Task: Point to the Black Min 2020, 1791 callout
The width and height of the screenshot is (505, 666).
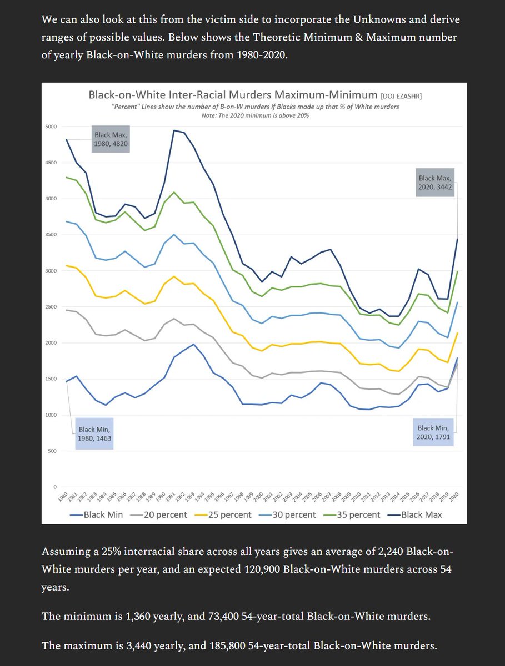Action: point(434,432)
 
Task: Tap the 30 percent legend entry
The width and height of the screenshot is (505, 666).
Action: point(289,514)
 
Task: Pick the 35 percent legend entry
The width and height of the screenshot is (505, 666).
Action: point(354,514)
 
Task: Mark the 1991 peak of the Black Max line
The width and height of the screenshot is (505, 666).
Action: point(174,130)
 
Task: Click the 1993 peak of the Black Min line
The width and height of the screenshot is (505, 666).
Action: point(193,344)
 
